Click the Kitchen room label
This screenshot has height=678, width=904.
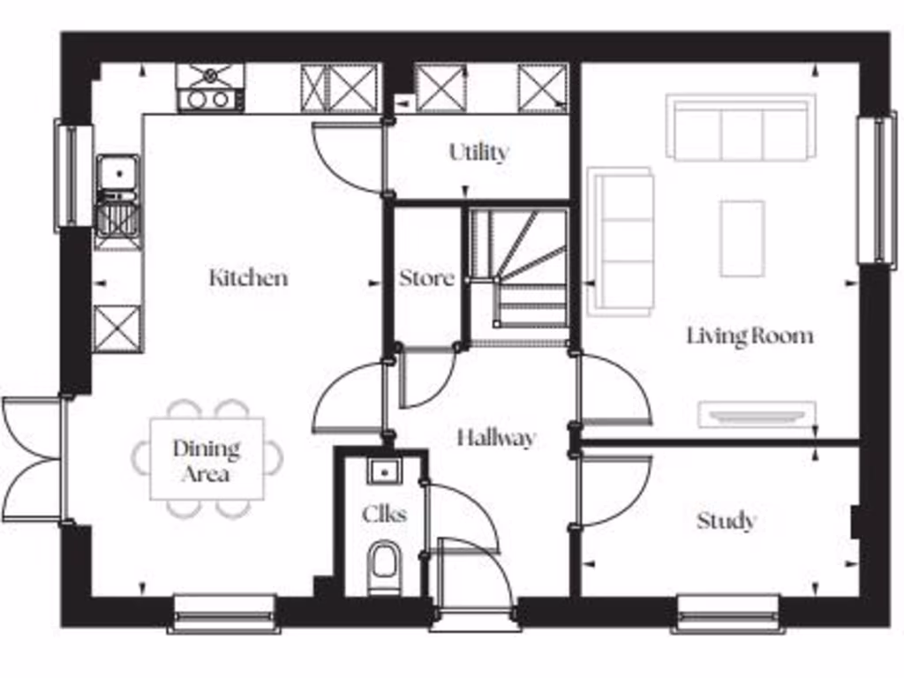(x=248, y=278)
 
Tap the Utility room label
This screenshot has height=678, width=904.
(x=478, y=153)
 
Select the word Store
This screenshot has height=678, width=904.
(x=426, y=278)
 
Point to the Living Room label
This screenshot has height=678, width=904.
(x=750, y=336)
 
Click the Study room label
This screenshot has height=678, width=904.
(x=726, y=521)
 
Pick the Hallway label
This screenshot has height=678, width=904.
(x=495, y=438)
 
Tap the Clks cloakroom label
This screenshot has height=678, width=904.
(x=384, y=513)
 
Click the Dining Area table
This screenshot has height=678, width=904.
(x=207, y=460)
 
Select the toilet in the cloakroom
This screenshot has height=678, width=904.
(x=383, y=566)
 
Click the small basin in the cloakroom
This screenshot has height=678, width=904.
(x=383, y=471)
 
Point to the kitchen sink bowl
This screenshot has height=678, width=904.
(x=117, y=171)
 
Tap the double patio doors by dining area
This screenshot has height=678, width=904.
(x=34, y=460)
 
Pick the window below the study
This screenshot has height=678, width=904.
(x=727, y=613)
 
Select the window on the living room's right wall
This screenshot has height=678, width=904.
(x=877, y=189)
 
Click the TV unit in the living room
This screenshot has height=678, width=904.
(x=757, y=415)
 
